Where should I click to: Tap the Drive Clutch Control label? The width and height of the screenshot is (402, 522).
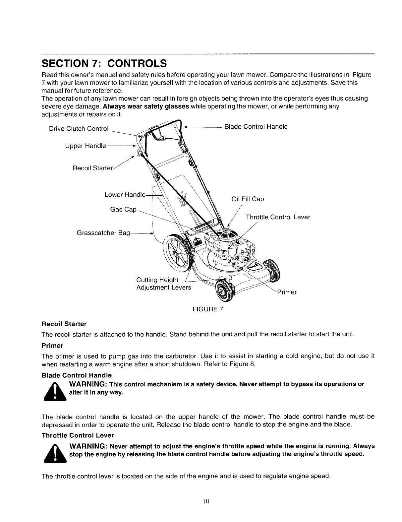tap(79, 129)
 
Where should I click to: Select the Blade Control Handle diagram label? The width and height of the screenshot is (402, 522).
tap(256, 127)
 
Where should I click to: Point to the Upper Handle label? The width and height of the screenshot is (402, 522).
tap(86, 146)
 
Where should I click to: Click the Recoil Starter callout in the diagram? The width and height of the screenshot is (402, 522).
tap(93, 168)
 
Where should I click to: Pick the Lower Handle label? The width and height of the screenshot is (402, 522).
tap(125, 195)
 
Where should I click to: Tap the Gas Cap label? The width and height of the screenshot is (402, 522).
tap(123, 210)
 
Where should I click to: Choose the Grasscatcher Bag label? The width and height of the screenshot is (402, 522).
tap(103, 233)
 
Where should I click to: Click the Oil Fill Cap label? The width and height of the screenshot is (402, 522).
tap(248, 199)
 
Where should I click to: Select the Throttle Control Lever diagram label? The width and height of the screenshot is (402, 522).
tap(278, 217)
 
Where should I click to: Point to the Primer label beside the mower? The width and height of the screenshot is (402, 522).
tap(287, 292)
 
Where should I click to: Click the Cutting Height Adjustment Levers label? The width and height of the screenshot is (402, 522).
tap(163, 284)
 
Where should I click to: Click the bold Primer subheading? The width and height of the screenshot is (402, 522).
tap(52, 346)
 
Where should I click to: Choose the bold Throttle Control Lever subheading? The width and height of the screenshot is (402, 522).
tap(78, 435)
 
